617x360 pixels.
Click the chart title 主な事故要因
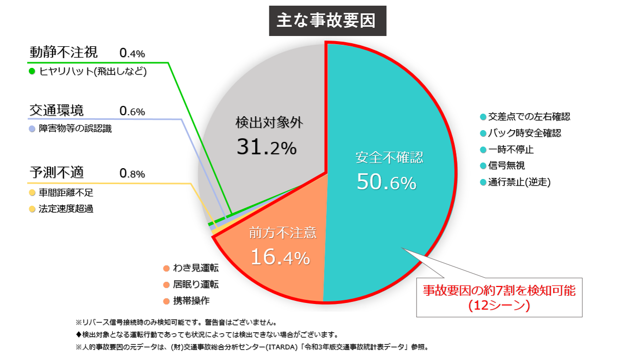pos(327,21)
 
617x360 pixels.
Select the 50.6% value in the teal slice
pos(386,182)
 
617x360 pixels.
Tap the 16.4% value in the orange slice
pos(280,257)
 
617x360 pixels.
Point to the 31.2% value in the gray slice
pos(267,148)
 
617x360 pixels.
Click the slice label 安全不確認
pos(389,157)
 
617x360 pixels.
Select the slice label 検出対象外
pos(270,122)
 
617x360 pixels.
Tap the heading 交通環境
pos(57,110)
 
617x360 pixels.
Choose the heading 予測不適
pos(57,172)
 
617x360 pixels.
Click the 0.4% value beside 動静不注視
pos(132,53)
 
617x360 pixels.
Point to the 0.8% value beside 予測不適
pos(132,173)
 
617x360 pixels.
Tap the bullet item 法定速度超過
pos(66,209)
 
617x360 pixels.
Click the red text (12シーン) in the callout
pos(498,305)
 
